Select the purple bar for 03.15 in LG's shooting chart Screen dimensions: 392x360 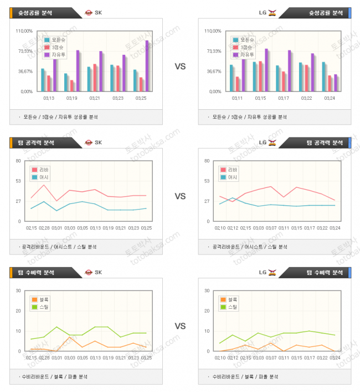(x=266, y=70)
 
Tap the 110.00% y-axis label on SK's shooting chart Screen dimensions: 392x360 (x=25, y=31)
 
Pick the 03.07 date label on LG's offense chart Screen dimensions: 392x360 (x=271, y=227)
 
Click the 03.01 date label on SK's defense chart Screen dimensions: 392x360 (x=56, y=358)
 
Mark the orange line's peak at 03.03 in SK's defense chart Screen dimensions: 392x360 (x=70, y=337)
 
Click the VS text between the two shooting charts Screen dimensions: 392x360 (x=180, y=66)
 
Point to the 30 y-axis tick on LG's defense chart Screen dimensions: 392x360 (x=207, y=291)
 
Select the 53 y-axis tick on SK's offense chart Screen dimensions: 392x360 (x=18, y=181)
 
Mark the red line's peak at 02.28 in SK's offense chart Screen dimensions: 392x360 (x=44, y=185)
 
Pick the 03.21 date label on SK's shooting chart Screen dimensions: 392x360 (x=95, y=98)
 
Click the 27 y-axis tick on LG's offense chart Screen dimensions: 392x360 (x=207, y=201)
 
